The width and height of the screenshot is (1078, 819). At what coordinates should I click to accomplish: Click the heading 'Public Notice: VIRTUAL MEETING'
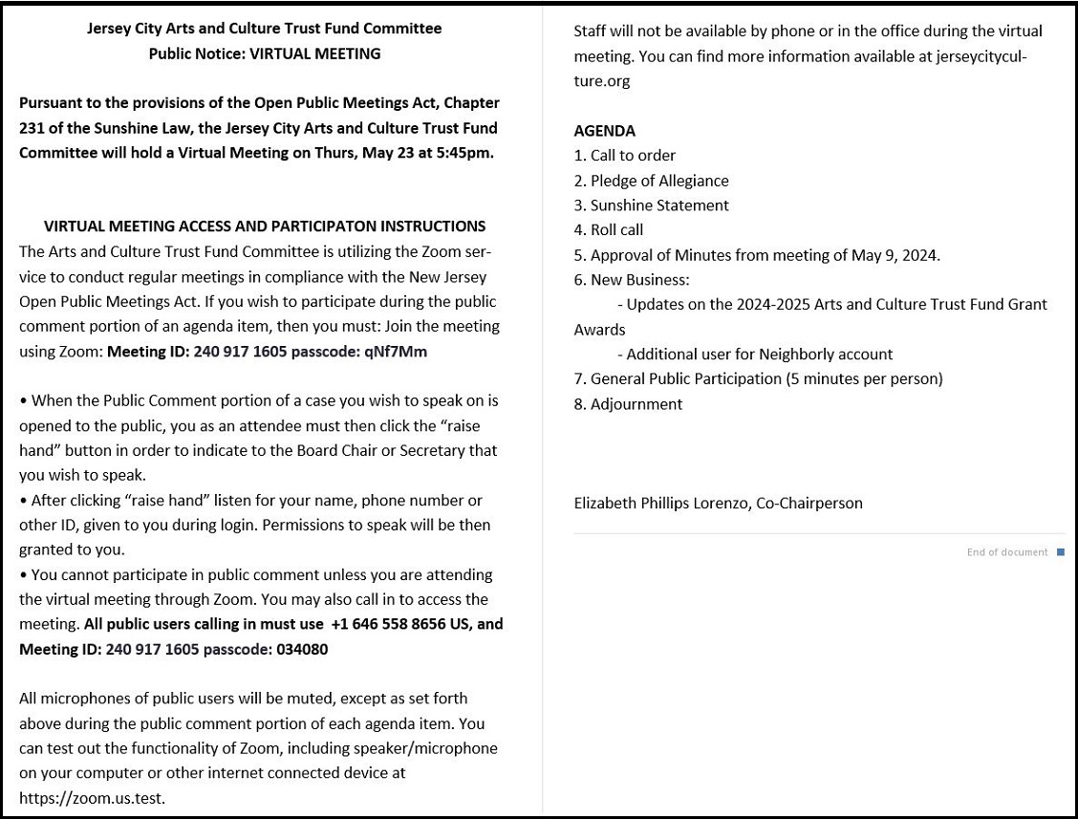pos(265,54)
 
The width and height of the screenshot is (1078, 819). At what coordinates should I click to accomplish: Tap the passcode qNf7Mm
pos(396,352)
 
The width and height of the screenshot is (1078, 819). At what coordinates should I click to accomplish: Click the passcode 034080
pos(303,649)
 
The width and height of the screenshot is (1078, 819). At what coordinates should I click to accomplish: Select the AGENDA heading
pos(604,131)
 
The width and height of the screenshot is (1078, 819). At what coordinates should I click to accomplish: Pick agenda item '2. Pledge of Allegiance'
pos(651,181)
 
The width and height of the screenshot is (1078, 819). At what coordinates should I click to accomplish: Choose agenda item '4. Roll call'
pos(608,230)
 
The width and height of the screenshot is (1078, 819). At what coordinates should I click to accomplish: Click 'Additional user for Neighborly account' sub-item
pos(760,355)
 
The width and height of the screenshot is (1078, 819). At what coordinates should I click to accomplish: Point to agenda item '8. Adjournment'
pos(628,404)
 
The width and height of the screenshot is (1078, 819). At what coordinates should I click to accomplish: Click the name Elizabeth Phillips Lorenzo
pos(661,503)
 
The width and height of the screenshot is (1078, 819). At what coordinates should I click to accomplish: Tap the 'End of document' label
pos(1007,552)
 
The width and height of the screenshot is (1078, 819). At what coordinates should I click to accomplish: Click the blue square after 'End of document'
pos(1060,552)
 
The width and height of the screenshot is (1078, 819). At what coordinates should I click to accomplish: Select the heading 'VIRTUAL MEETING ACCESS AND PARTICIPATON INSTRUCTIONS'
pos(265,226)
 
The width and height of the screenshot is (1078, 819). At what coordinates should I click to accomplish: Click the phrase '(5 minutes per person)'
pos(864,379)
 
